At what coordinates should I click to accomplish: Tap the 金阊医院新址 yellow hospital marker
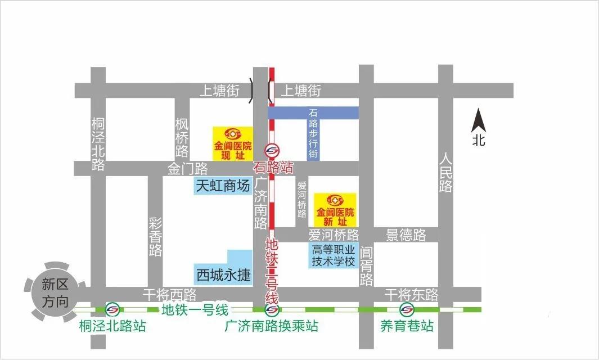[335, 209]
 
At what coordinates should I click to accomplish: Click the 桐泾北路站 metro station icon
[112, 309]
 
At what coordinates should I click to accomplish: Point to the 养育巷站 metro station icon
[406, 309]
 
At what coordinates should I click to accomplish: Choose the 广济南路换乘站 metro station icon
[272, 309]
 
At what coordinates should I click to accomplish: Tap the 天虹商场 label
[222, 186]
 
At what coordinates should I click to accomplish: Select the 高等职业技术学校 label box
[334, 255]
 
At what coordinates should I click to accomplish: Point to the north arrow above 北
[479, 121]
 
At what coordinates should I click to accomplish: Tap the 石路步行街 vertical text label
[313, 133]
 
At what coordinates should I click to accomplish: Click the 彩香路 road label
[155, 236]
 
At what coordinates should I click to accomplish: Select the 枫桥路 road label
[182, 137]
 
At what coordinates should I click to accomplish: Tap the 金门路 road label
[187, 168]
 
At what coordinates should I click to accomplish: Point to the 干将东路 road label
[411, 294]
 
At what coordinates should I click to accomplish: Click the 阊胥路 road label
[366, 265]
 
